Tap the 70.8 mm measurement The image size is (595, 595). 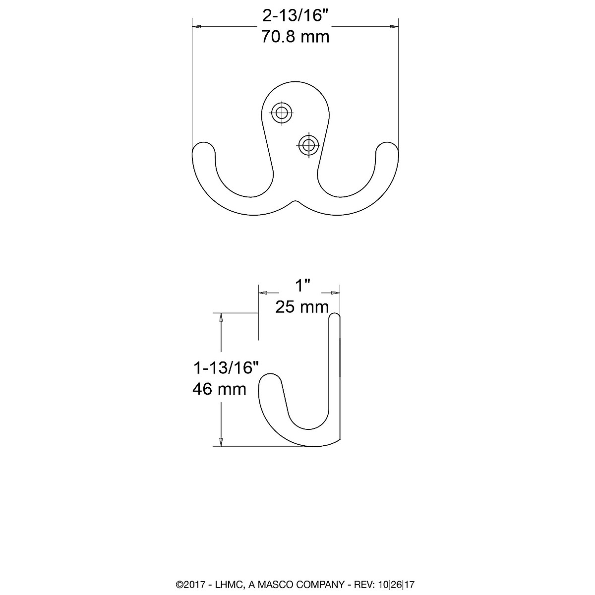click(296, 37)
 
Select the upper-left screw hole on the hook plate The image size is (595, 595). click(282, 112)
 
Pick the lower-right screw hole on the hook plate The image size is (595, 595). click(308, 145)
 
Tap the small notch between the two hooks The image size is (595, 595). click(296, 202)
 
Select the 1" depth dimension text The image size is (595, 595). click(303, 286)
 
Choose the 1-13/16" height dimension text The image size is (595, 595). click(227, 367)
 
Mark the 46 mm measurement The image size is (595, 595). click(219, 389)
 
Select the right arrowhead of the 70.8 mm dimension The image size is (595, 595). click(395, 26)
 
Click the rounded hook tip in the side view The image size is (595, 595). click(271, 382)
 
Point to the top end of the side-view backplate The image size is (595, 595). click(335, 317)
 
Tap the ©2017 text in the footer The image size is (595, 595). click(188, 585)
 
